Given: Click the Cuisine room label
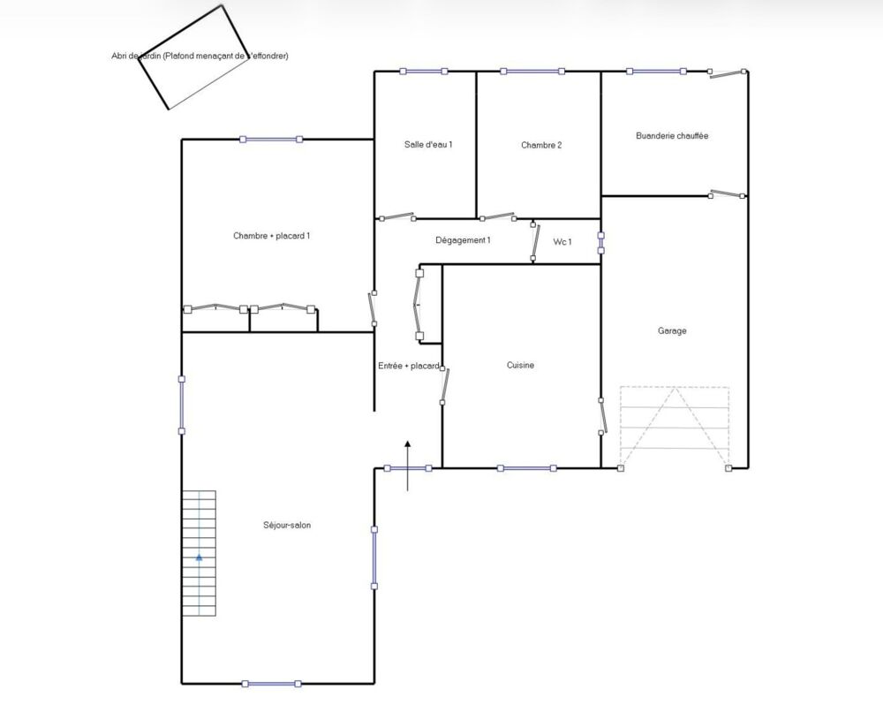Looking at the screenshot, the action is point(520,365).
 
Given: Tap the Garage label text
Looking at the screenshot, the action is point(672,330).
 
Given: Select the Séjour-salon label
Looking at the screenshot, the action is point(287,525).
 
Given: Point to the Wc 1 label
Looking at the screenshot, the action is point(562,242).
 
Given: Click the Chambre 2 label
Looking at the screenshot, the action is point(541,145).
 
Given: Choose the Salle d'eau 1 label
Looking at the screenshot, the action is point(428,144).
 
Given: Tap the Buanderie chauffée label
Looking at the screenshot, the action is point(672,136).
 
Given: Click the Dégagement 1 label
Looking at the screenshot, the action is point(463,240).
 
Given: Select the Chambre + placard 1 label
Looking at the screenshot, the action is point(271,236).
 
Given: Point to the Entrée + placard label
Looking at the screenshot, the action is point(409,366).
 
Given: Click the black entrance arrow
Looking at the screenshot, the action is point(408,466).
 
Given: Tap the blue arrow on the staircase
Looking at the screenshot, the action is point(199,557).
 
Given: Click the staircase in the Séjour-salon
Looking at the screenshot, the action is point(199,553).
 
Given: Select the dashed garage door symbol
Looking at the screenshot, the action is point(675,428).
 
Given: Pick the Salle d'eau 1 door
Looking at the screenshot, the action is point(397,216).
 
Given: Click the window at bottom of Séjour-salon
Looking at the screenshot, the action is point(271,684).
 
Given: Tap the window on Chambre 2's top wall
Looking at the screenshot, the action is point(532,72).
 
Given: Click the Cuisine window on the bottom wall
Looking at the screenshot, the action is point(527,468).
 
